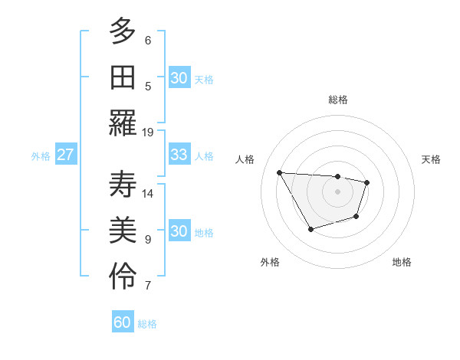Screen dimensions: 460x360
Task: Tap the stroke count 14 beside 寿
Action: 148,193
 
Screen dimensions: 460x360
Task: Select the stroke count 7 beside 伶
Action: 148,286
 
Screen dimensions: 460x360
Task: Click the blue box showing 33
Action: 179,155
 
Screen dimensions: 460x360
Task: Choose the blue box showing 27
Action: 66,155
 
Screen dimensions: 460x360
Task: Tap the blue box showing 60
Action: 123,322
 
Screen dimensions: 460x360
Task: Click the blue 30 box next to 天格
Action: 179,78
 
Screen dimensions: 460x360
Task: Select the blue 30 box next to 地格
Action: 179,231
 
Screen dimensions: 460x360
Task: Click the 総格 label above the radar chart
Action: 338,100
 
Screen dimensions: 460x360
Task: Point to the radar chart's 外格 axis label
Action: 270,262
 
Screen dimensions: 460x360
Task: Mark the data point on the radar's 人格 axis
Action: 279,172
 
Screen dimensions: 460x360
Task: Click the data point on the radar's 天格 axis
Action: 367,182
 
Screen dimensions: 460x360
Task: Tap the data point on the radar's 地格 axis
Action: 356,217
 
